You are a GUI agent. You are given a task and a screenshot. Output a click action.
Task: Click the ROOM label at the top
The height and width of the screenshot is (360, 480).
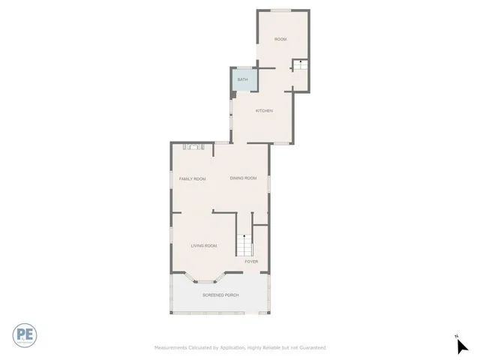[280, 39]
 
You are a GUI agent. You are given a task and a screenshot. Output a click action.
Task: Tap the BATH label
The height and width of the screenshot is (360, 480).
[242, 79]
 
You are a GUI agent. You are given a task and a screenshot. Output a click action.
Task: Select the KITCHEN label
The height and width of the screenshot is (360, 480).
[263, 111]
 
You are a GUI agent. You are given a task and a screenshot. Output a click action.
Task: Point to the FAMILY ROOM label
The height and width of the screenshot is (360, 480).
[192, 178]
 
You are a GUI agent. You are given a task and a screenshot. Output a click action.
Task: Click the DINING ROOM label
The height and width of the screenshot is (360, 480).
[243, 178]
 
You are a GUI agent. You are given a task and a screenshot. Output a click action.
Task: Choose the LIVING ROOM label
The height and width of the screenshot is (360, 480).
[203, 246]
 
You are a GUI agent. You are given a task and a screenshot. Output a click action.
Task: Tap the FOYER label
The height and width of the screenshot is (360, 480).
[251, 262]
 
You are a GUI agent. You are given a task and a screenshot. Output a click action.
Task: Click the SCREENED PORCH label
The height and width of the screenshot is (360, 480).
[220, 295]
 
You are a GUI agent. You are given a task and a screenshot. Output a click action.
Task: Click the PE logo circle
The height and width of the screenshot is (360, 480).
[25, 334]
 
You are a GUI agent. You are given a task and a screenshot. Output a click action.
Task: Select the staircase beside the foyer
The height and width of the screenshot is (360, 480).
[244, 245]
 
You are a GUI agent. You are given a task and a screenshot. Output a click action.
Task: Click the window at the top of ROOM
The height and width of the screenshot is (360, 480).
[281, 10]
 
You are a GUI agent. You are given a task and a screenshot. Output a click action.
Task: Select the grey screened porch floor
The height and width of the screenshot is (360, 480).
[220, 304]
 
